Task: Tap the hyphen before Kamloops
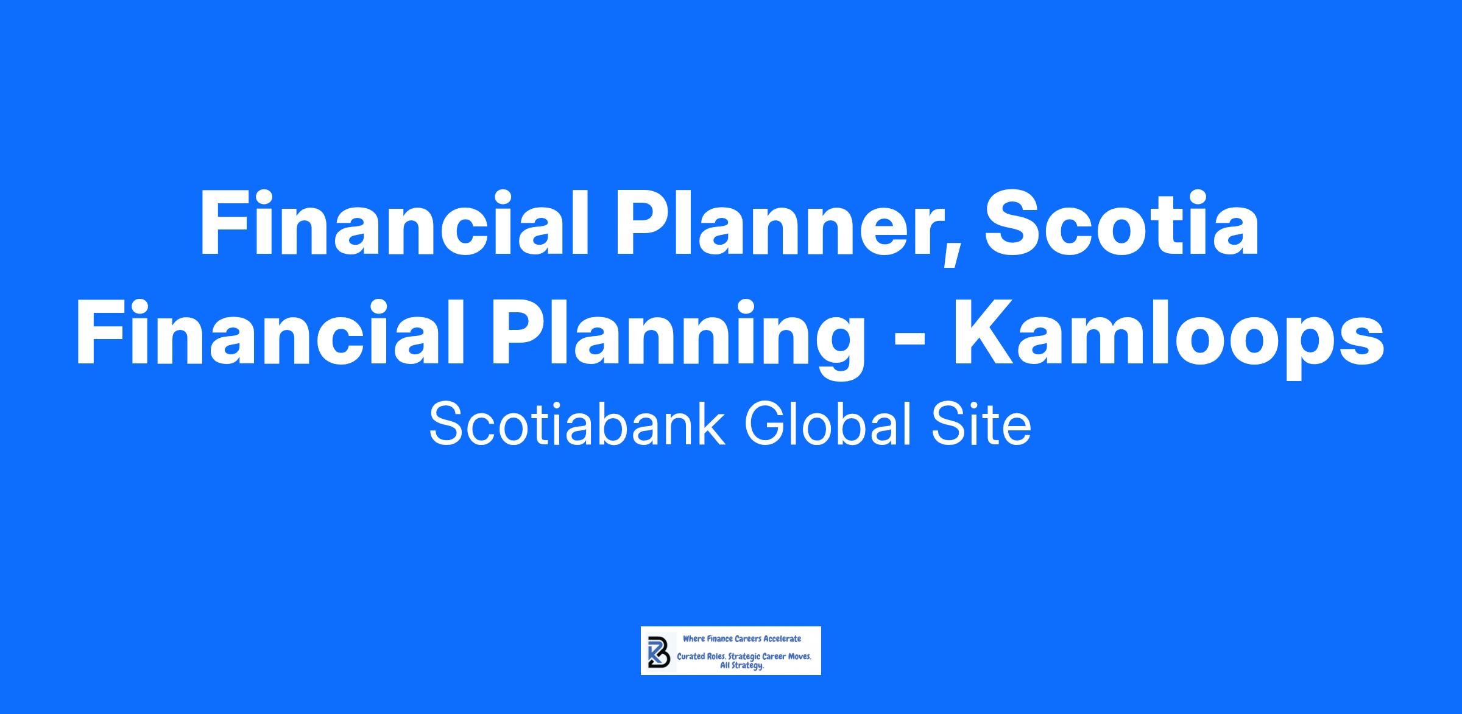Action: [x=910, y=342]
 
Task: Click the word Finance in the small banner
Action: [x=721, y=639]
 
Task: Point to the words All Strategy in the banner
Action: [x=742, y=666]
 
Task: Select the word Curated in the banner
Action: [x=691, y=657]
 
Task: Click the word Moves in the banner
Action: [x=799, y=657]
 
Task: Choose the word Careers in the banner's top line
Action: [x=748, y=639]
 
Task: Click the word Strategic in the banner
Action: [x=744, y=658]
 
